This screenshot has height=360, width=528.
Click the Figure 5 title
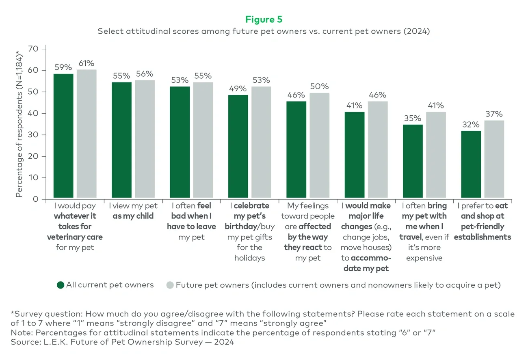click(264, 19)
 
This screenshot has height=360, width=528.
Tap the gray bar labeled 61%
click(87, 134)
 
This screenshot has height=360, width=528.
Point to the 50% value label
click(319, 86)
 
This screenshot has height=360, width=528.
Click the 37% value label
click(494, 114)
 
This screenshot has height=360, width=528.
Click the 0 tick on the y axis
click(36, 199)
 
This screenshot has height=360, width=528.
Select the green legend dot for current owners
click(61, 285)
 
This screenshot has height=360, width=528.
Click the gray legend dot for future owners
click(170, 285)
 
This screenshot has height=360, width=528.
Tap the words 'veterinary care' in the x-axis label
click(75, 237)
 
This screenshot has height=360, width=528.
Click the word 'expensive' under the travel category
click(424, 258)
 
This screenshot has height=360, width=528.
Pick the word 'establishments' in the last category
click(482, 237)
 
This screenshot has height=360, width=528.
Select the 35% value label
click(412, 118)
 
